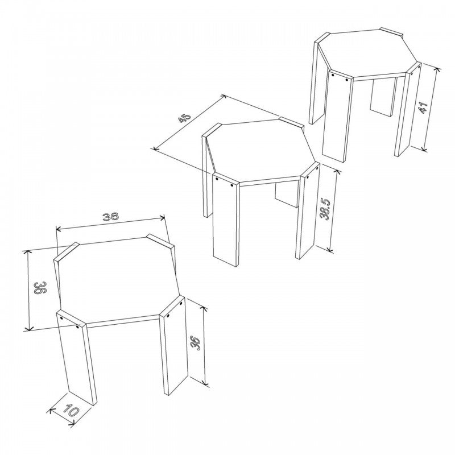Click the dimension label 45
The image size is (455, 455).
185,118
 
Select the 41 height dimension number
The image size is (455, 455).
423,107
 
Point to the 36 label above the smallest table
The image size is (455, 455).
110,217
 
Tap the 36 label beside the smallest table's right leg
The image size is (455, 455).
195,344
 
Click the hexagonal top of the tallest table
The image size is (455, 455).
368,53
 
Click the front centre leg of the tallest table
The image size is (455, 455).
338,115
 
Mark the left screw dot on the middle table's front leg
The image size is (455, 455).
217,179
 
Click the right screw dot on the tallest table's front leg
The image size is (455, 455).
347,80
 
